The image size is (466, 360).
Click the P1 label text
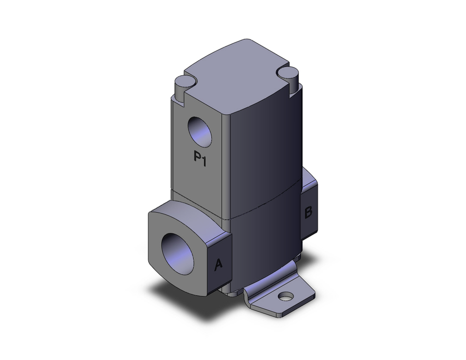tap(200, 157)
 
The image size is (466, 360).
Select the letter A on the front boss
tap(218, 265)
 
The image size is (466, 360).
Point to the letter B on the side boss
tap(308, 213)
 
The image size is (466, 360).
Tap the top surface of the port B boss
tap(310, 176)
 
